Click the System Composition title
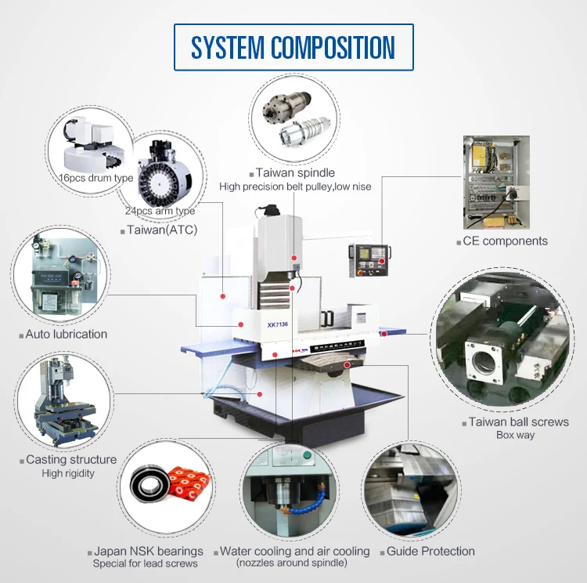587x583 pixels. pyautogui.click(x=293, y=47)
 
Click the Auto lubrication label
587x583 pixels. pyautogui.click(x=66, y=334)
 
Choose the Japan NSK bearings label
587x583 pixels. pyautogui.click(x=149, y=552)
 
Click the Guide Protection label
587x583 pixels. pyautogui.click(x=430, y=552)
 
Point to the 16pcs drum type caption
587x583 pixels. pyautogui.click(x=96, y=178)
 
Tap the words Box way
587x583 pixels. pyautogui.click(x=515, y=436)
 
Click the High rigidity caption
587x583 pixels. pyautogui.click(x=68, y=473)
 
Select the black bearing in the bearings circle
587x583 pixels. pyautogui.click(x=146, y=483)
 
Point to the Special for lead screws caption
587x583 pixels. pyautogui.click(x=146, y=563)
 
